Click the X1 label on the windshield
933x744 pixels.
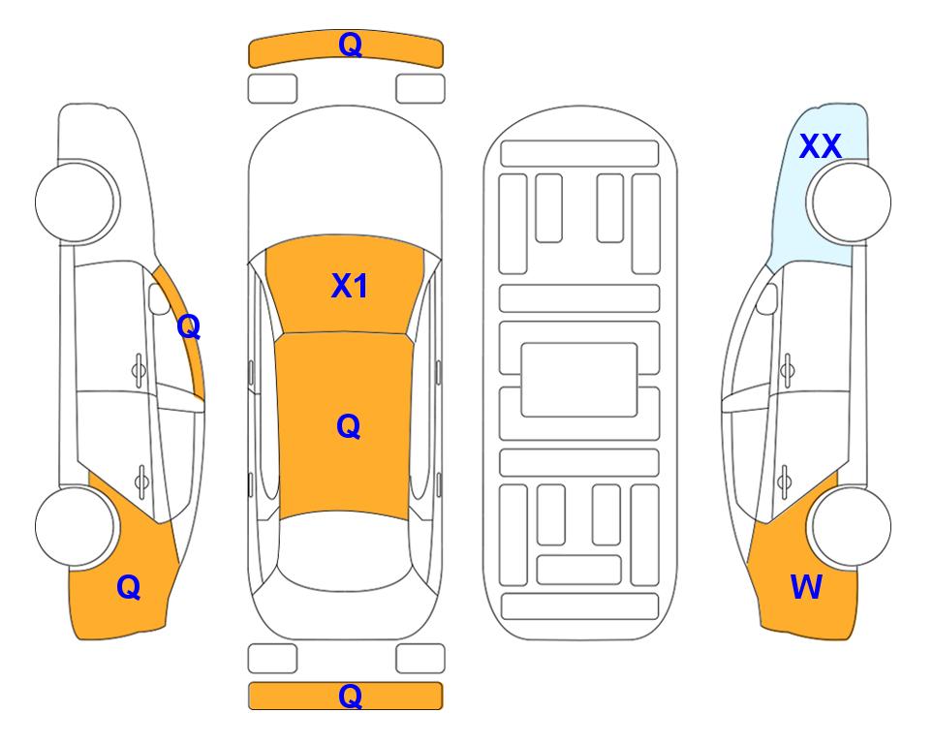point(350,286)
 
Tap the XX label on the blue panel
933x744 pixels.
point(820,146)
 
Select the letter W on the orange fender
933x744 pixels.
point(806,587)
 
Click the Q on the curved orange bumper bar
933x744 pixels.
point(350,45)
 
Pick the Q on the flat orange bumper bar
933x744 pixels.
point(350,696)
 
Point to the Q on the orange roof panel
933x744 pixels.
point(349,426)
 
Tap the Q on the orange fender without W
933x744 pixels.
point(129,587)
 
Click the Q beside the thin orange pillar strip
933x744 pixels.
point(189,326)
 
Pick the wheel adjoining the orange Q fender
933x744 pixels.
point(75,526)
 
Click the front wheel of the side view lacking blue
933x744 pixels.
point(75,202)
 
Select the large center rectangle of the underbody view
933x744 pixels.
point(579,380)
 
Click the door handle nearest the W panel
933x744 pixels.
point(785,480)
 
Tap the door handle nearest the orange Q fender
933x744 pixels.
point(141,480)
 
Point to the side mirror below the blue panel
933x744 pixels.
point(767,298)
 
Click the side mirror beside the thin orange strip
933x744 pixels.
point(159,298)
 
